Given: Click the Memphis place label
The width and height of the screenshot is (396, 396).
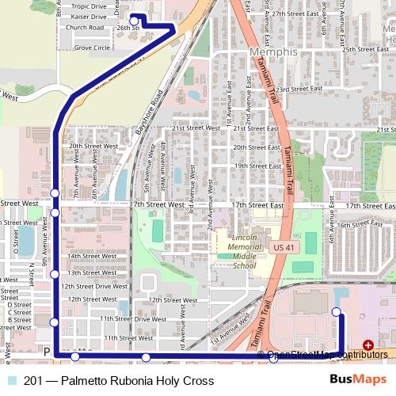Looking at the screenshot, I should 272,52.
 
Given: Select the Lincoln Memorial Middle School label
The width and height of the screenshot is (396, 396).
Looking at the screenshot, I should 243,253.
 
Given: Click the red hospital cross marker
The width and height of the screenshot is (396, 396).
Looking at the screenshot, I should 367,345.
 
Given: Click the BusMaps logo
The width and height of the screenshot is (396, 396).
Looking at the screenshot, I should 358,380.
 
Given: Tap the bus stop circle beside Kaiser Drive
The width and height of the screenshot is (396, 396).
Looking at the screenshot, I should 134,21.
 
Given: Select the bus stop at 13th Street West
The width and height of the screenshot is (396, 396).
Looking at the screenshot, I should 55,274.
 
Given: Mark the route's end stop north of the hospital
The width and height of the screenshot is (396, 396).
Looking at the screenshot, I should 338,311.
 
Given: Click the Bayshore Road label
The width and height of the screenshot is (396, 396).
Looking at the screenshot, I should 149,116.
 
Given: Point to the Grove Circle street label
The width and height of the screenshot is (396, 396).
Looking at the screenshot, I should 92,48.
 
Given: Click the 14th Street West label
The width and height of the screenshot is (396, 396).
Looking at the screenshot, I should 87,256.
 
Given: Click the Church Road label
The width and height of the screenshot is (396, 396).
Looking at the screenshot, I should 85,27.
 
